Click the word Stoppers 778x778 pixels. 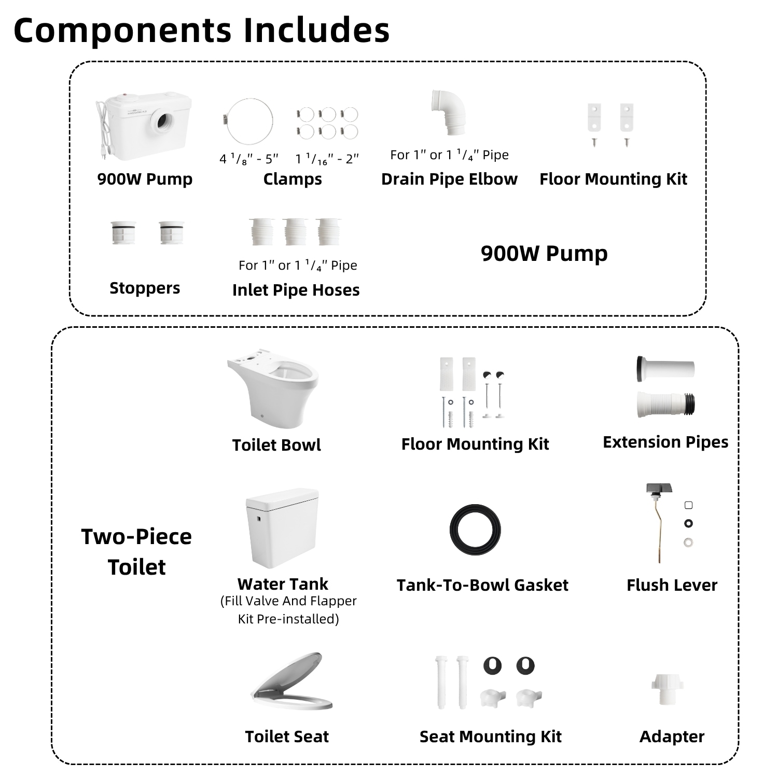pos(145,288)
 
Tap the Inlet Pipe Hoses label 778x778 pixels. pos(296,290)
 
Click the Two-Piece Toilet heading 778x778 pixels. pos(136,551)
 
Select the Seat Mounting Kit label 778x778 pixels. pos(490,737)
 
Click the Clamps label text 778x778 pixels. pos(293,179)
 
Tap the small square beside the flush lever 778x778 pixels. pos(689,505)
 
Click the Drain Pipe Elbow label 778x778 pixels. pos(449,179)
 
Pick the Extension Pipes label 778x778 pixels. pos(665,442)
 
